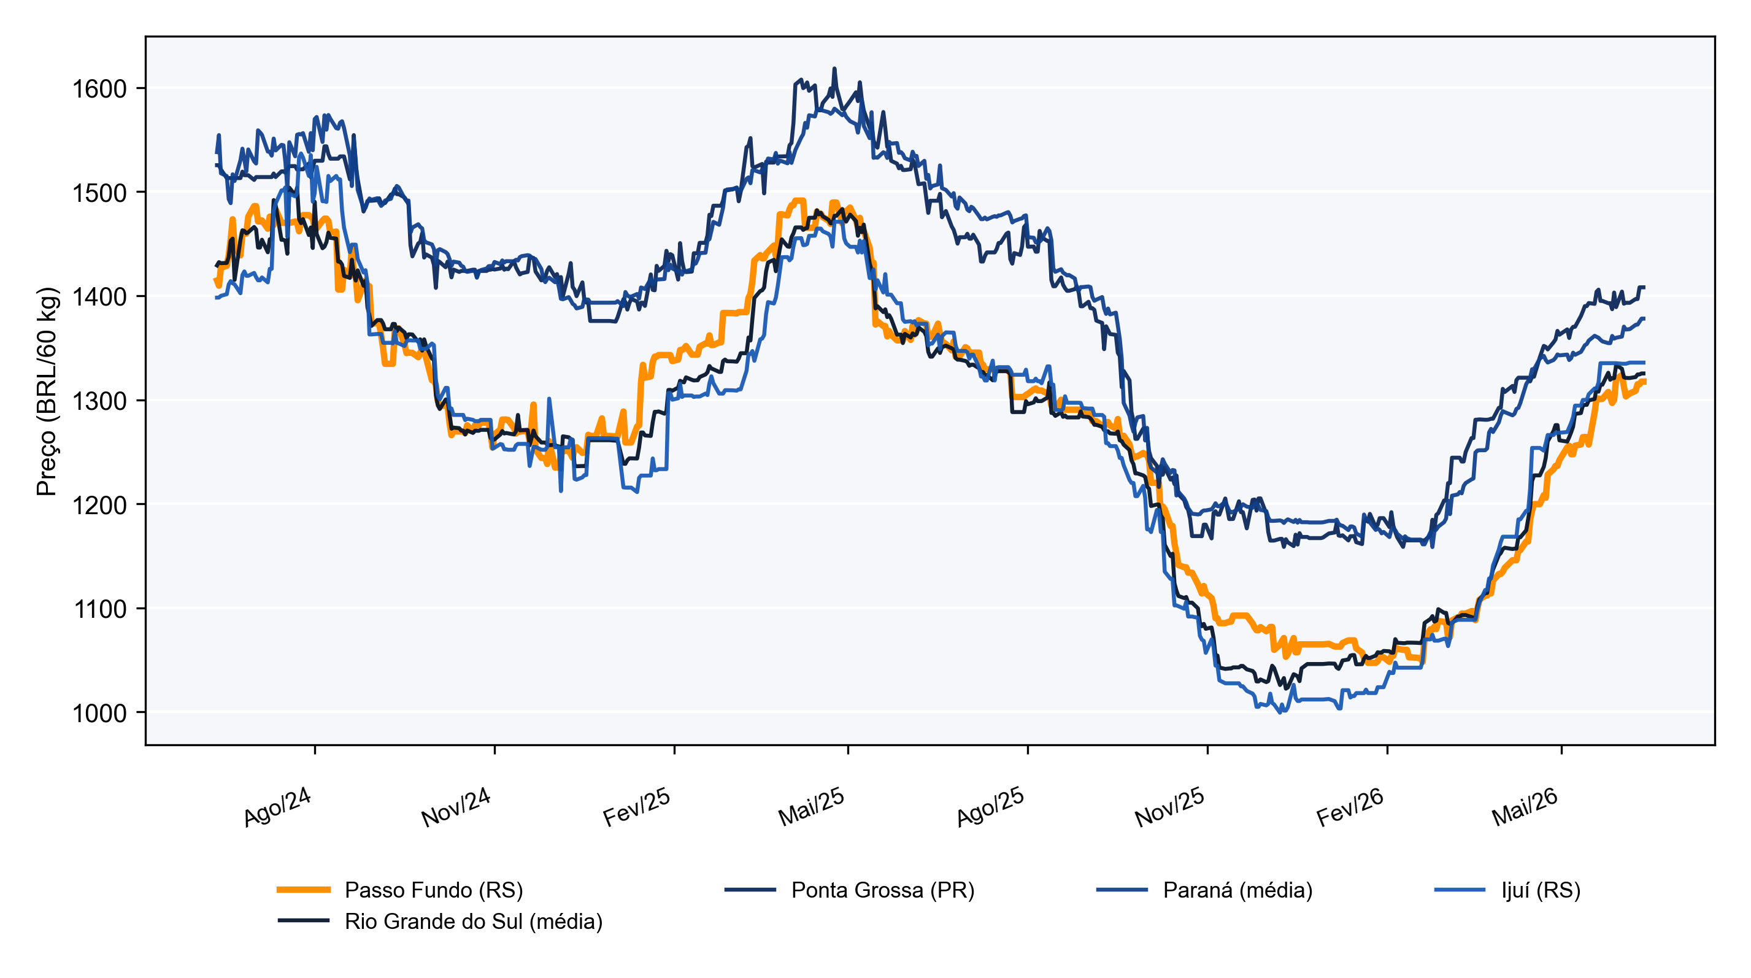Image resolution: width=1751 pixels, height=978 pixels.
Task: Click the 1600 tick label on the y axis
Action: (99, 89)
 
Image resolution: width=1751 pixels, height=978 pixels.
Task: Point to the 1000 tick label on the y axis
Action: (99, 713)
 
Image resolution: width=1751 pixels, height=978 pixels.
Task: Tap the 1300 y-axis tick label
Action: (99, 401)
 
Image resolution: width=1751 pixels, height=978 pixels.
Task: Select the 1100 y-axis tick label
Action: (99, 609)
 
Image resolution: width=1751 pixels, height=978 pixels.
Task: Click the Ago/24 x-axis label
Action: (278, 807)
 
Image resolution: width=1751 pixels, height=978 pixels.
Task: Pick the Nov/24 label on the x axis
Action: (456, 807)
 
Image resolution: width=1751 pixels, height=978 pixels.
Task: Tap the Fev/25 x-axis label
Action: (637, 807)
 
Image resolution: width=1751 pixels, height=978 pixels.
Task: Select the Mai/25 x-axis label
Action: (812, 807)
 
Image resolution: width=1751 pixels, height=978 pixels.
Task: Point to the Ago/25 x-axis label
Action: (990, 807)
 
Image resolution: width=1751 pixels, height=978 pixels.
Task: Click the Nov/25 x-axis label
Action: (1170, 807)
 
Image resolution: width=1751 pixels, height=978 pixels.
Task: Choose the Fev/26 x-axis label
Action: (1350, 807)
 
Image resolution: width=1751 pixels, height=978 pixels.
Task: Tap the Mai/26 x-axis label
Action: (1525, 807)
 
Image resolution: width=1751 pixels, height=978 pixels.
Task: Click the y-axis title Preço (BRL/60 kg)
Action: (48, 391)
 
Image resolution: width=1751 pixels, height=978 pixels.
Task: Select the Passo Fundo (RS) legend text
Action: (434, 890)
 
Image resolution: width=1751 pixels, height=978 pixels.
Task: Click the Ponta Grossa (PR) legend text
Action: (883, 890)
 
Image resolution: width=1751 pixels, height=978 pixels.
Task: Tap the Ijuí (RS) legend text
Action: (1541, 890)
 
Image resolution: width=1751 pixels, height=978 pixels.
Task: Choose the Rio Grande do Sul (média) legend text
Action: (474, 921)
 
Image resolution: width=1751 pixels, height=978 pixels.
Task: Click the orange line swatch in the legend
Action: (304, 890)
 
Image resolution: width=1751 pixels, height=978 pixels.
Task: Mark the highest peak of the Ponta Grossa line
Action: (835, 68)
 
